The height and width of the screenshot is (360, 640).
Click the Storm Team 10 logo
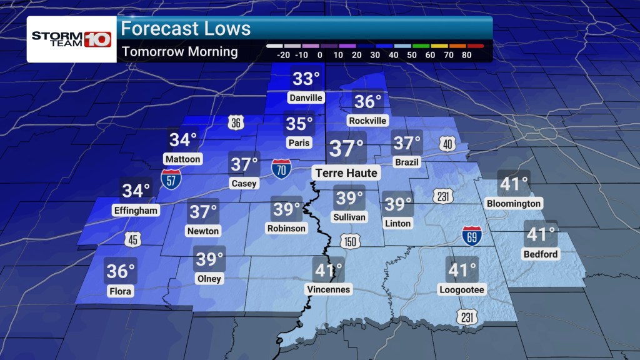71,39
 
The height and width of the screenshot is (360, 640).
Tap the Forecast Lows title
186,29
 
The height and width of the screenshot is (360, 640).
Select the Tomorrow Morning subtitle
180,51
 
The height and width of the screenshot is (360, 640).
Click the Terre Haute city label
346,172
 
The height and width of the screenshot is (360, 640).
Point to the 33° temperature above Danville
306,79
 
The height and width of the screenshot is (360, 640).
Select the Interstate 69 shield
471,235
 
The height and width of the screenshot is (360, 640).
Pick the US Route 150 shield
351,241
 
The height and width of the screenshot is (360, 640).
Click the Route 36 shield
235,123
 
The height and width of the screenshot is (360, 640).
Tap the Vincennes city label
329,289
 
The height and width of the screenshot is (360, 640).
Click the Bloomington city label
513,204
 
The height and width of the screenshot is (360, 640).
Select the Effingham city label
136,211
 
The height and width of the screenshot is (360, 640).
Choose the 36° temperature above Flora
121,271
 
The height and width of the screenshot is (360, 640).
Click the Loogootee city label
462,289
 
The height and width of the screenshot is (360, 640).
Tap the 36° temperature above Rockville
367,101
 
